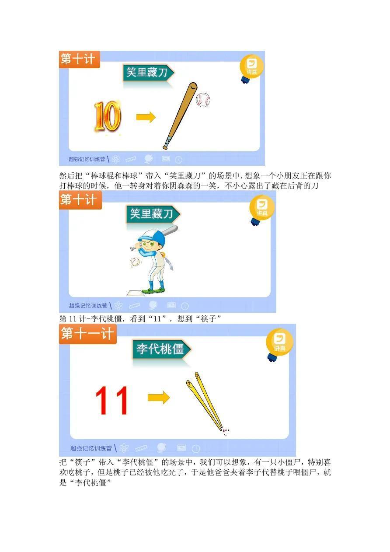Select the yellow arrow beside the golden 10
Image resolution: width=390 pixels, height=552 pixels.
[146, 117]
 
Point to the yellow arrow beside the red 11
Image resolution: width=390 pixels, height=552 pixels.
[159, 398]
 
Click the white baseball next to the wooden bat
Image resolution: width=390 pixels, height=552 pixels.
[203, 100]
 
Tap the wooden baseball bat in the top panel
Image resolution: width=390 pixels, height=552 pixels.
[180, 116]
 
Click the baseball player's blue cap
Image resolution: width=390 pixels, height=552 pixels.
[148, 236]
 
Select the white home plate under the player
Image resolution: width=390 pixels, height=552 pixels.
[136, 293]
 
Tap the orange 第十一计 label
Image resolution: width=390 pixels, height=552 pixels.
[87, 334]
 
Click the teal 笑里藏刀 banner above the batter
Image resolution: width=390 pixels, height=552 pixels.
[153, 213]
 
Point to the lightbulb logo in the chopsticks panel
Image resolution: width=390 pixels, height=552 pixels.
[279, 344]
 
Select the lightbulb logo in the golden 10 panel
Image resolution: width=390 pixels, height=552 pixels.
[251, 68]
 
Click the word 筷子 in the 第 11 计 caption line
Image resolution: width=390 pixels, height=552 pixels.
[209, 318]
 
